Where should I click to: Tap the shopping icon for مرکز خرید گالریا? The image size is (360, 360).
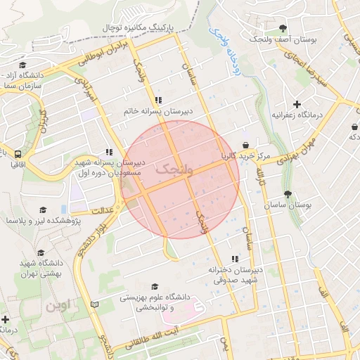245,144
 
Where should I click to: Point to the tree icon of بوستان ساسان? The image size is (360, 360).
287,194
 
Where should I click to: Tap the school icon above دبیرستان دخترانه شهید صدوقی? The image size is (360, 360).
234,258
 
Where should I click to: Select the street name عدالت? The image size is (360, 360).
103,209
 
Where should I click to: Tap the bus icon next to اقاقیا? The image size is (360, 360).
17,154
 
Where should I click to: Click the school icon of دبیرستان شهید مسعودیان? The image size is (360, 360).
108,151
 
